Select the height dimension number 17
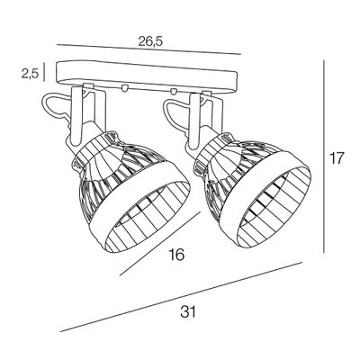(x=337, y=160)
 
